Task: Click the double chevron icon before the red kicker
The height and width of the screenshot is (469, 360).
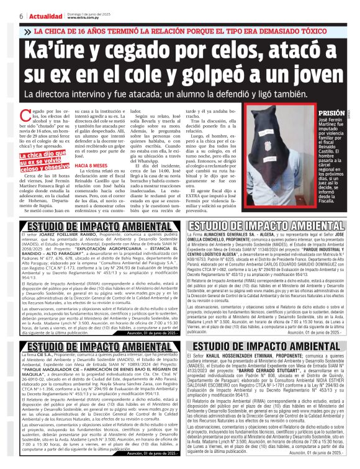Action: point(27,31)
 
